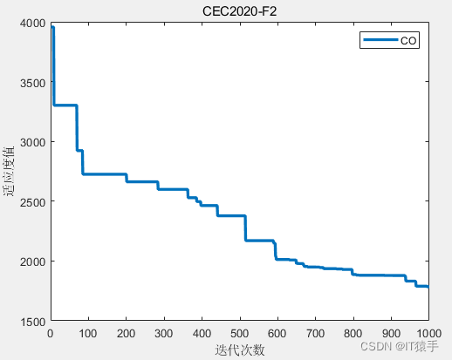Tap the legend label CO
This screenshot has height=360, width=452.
[x=408, y=40]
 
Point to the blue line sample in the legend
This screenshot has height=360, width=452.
[x=380, y=40]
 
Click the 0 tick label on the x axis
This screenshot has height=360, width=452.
[x=51, y=333]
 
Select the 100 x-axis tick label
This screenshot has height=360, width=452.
[x=88, y=333]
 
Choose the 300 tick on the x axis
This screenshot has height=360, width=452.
[x=164, y=333]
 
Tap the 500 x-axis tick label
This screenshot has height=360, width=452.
[x=240, y=333]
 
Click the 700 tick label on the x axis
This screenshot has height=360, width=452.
[x=315, y=333]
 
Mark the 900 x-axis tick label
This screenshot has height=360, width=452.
[x=391, y=333]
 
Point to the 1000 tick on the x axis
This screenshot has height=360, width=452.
[x=427, y=333]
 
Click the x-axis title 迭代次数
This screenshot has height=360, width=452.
[x=239, y=350]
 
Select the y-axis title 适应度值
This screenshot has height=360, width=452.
[x=10, y=172]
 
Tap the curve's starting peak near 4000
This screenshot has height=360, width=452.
[x=52, y=28]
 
